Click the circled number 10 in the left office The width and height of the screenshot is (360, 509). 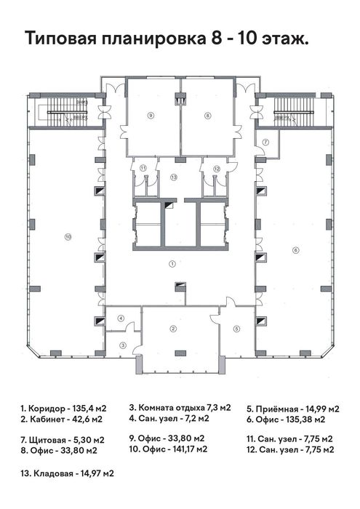tap(67, 236)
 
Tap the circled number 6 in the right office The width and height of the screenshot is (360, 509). tap(295, 250)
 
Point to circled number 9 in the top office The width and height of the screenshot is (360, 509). tap(151, 115)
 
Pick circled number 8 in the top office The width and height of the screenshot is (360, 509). tap(207, 115)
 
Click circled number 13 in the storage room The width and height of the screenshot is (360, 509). tap(174, 177)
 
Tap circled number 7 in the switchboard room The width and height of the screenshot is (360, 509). tap(266, 142)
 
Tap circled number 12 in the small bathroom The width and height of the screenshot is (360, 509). tap(216, 169)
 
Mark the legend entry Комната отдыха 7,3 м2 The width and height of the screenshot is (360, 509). tap(180, 407)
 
